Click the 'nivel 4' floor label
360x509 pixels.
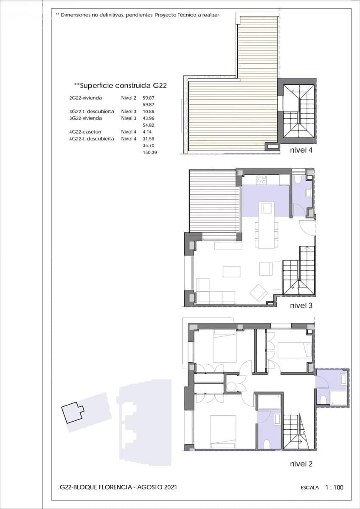coord(301,150)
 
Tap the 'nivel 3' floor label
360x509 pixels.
coord(301,305)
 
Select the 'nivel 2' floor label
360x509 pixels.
coord(301,464)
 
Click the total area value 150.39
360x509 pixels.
coord(150,152)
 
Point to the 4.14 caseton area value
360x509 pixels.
coord(147,132)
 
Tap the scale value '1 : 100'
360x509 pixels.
coord(334,487)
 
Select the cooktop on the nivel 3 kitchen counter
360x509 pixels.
coord(261,180)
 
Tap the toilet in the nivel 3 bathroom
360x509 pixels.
coord(297,179)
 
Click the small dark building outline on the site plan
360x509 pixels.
coord(73,412)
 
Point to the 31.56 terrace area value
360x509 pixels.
coord(148,139)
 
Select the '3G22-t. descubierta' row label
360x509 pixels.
coord(91,111)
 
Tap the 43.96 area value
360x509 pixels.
coord(148,118)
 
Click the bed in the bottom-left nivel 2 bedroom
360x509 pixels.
coord(223,431)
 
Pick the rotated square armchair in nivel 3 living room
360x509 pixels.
coord(259,292)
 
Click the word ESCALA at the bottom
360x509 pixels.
coord(309,488)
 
